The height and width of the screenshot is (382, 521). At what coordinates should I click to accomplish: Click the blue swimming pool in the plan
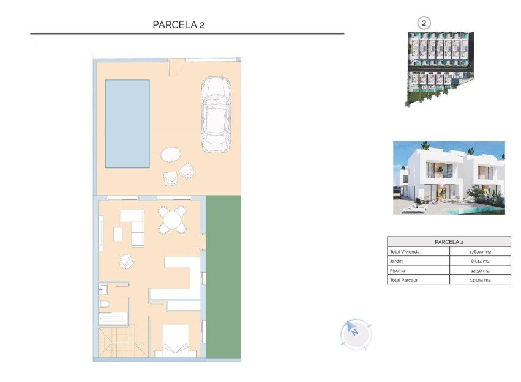pyautogui.click(x=127, y=123)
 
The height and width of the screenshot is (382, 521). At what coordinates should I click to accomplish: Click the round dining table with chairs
pyautogui.click(x=172, y=219)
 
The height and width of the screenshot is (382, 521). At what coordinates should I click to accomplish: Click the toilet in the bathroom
pyautogui.click(x=103, y=304)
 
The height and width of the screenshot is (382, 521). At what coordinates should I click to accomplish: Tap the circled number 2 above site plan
pyautogui.click(x=424, y=23)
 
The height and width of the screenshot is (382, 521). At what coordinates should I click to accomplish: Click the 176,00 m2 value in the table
pyautogui.click(x=479, y=252)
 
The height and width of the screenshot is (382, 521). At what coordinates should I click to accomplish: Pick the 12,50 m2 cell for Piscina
pyautogui.click(x=479, y=270)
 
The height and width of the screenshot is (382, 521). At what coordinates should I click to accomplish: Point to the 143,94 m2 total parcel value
pyautogui.click(x=479, y=280)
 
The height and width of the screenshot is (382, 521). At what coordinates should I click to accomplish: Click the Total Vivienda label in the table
pyautogui.click(x=405, y=252)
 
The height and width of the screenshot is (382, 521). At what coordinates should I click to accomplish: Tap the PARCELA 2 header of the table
pyautogui.click(x=449, y=242)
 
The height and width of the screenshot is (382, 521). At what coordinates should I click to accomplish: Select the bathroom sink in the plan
pyautogui.click(x=103, y=288)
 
